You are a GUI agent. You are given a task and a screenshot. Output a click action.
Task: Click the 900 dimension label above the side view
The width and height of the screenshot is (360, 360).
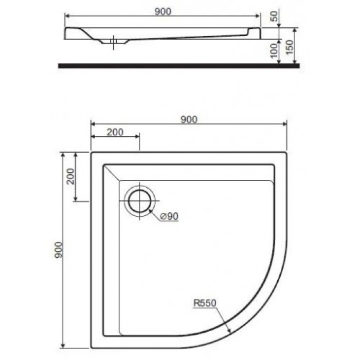click(162, 10)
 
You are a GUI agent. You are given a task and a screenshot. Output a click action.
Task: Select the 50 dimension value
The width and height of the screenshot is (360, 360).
click(274, 16)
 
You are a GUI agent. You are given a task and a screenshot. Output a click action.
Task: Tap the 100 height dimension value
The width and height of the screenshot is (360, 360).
click(274, 50)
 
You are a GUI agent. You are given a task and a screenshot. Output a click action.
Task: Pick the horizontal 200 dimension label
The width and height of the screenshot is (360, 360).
click(115, 132)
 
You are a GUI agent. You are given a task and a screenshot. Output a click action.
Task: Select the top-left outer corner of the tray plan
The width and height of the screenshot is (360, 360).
click(91, 152)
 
